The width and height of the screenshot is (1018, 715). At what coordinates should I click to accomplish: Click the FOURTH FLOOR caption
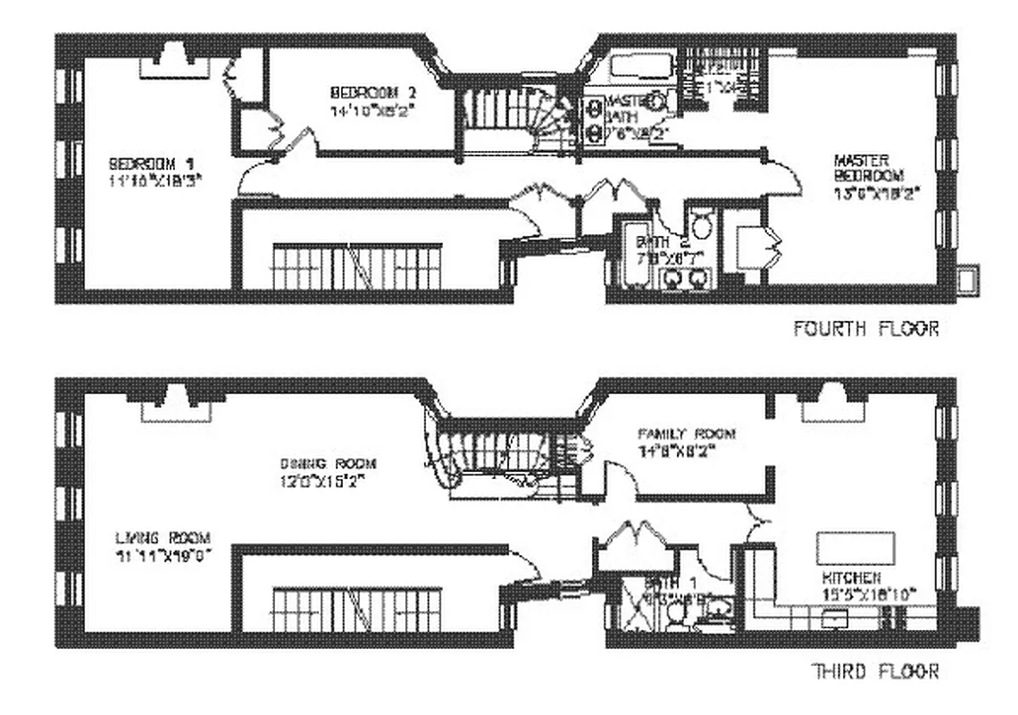(865, 329)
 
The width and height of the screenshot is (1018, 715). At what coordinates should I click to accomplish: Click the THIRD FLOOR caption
(873, 670)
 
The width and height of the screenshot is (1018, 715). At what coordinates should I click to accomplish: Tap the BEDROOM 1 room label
(151, 164)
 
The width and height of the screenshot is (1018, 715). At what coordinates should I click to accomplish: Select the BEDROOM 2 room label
(373, 92)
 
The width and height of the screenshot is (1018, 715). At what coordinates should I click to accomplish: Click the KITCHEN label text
(854, 578)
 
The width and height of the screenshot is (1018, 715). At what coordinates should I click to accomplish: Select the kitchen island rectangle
(853, 545)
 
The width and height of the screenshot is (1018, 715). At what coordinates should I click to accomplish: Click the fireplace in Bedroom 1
(174, 63)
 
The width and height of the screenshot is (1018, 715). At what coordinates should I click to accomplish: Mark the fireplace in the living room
(176, 404)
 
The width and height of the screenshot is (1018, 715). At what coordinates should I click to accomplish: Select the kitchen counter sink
(836, 616)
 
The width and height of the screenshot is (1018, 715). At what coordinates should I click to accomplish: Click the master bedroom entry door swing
(784, 175)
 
